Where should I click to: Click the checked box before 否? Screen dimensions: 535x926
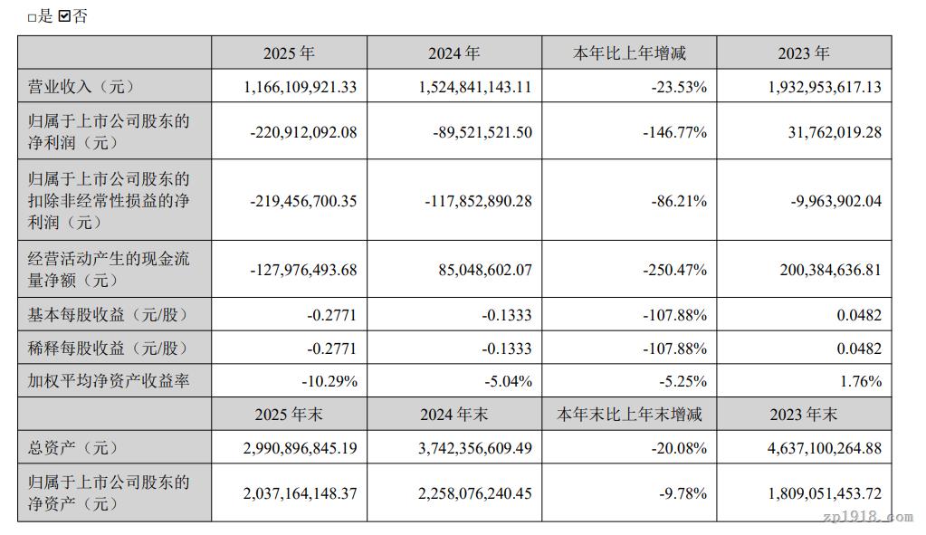63,16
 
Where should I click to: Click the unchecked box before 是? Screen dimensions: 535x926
32,17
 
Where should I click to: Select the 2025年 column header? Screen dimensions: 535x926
289,53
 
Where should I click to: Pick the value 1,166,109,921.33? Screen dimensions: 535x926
301,87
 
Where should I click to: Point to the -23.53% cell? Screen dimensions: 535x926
678,87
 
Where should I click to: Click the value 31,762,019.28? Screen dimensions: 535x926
823,132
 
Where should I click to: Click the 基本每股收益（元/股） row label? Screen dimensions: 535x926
107,316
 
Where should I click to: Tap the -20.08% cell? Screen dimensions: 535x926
678,448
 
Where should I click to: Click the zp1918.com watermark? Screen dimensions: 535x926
869,518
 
